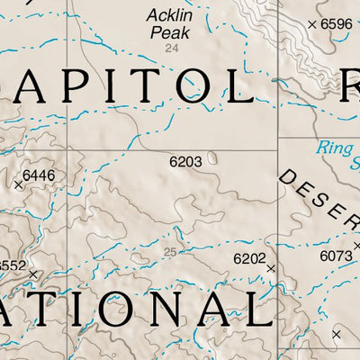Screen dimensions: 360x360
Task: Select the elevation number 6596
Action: tap(337, 24)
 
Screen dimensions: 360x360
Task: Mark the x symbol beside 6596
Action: tap(311, 24)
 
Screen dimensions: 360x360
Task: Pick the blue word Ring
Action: tap(335, 148)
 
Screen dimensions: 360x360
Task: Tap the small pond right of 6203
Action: tap(212, 158)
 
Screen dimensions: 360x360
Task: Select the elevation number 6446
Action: tap(39, 175)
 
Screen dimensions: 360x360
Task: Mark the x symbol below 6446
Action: tap(18, 185)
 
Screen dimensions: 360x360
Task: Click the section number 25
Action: tap(171, 251)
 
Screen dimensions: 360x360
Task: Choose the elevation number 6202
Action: tap(249, 259)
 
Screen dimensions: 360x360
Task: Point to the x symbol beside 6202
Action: tap(270, 267)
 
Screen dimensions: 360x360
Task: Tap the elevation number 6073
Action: tap(336, 256)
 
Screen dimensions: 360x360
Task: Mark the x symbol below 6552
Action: tap(33, 274)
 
